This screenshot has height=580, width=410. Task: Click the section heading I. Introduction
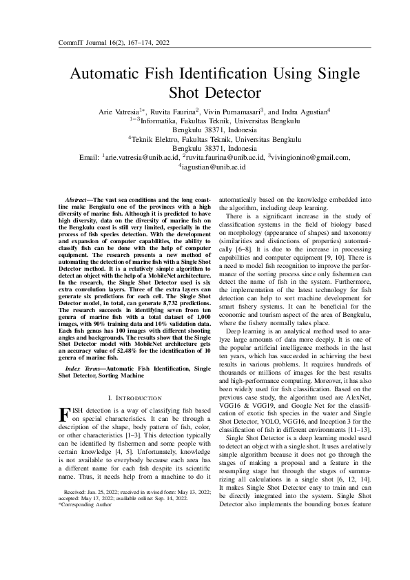coord(135,398)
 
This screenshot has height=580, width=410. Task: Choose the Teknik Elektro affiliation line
coord(205,138)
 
